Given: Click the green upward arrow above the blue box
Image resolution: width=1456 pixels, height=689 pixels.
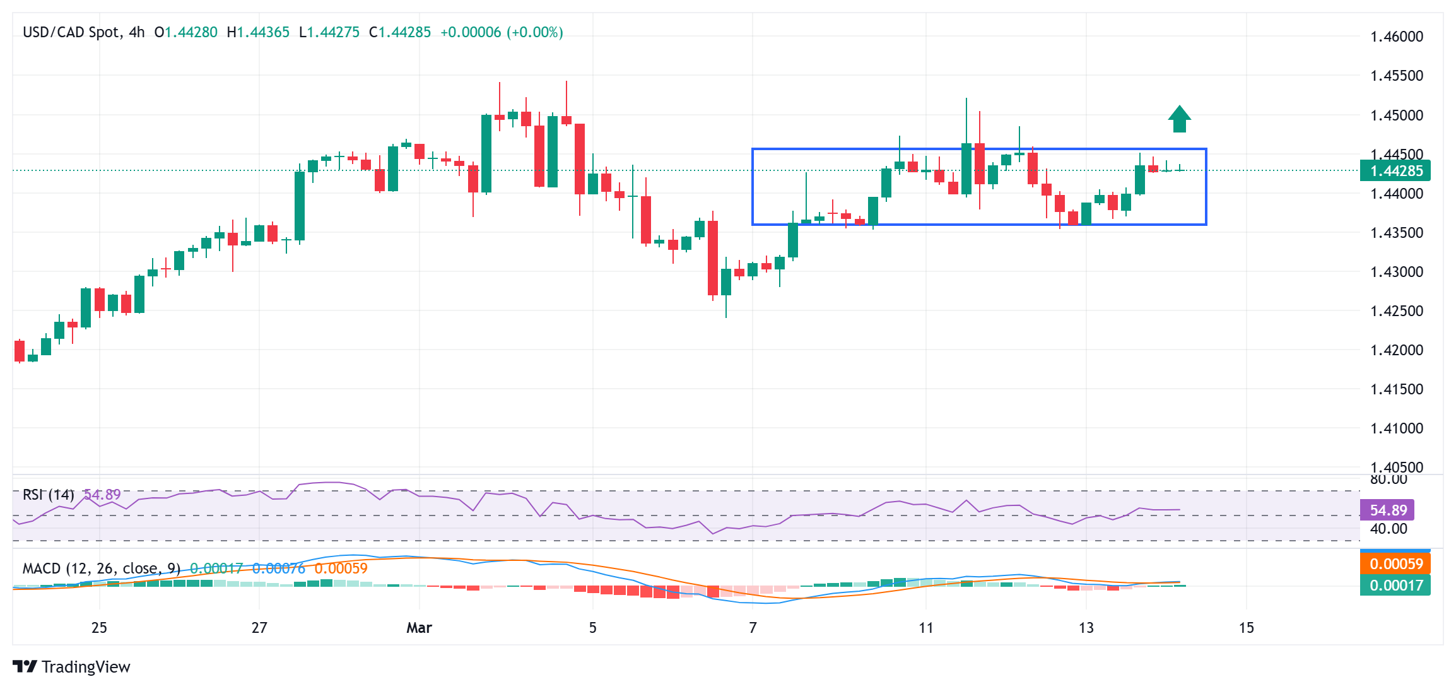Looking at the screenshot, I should coord(1179,119).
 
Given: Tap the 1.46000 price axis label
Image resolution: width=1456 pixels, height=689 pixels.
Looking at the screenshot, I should coord(1397,37).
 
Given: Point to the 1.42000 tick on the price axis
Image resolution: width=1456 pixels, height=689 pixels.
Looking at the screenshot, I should coord(1397,350).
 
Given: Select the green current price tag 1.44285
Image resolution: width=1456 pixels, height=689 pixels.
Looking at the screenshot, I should coord(1395,171).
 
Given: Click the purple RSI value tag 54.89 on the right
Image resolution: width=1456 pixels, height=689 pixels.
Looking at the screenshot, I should coord(1388,510).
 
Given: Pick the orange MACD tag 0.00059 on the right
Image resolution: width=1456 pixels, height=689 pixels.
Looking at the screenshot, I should coord(1395,563).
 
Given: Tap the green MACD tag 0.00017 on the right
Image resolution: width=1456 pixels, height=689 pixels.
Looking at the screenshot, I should coord(1395,585).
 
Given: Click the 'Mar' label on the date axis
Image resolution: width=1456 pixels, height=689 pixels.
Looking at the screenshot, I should coord(419,628).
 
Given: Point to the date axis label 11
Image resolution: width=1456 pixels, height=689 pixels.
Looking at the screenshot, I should coord(925,628).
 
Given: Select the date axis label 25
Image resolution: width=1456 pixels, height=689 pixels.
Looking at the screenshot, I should coord(99,628).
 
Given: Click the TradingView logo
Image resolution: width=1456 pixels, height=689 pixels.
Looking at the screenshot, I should coord(71,667).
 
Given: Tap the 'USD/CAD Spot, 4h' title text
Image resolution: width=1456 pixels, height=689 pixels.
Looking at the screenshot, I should coord(83,32).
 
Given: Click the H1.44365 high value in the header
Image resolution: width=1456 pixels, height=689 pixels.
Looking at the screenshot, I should coord(258,32).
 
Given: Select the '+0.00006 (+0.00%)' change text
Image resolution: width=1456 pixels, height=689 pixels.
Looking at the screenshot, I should coord(502,32).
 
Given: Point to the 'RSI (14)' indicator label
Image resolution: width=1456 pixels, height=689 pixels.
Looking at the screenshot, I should coord(49,495).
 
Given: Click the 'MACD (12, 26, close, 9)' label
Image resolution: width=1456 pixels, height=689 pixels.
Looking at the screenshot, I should coord(102,568).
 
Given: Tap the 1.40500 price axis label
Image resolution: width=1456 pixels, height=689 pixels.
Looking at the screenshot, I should coord(1397,468).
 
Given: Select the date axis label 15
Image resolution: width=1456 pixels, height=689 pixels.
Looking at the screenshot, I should coord(1246,628).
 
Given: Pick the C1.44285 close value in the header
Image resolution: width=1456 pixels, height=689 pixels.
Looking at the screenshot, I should coord(400,32).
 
